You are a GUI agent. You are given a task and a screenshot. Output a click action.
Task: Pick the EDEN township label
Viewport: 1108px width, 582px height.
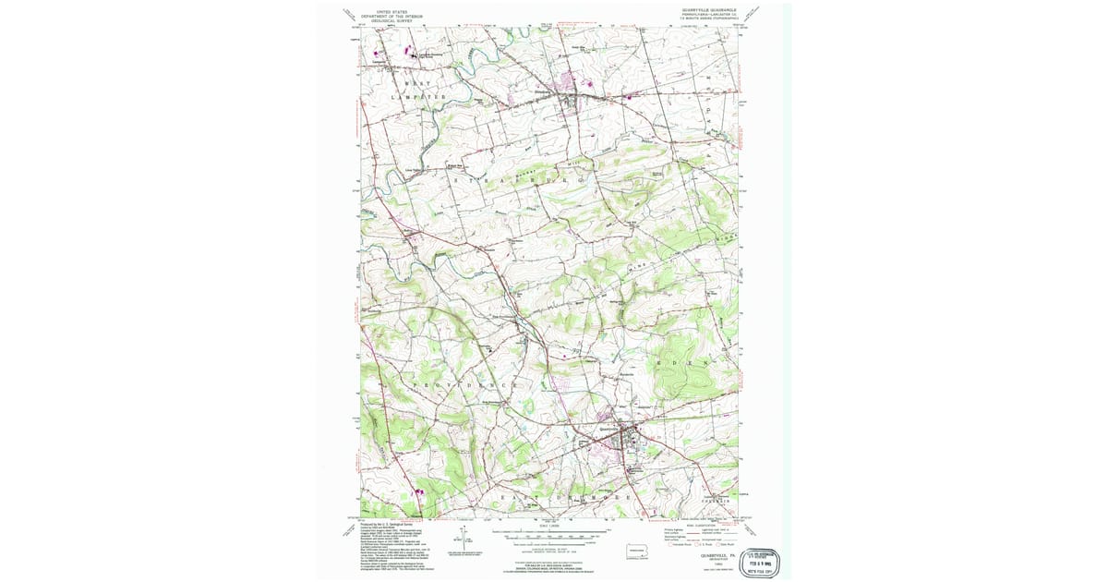pyautogui.click(x=682, y=364)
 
